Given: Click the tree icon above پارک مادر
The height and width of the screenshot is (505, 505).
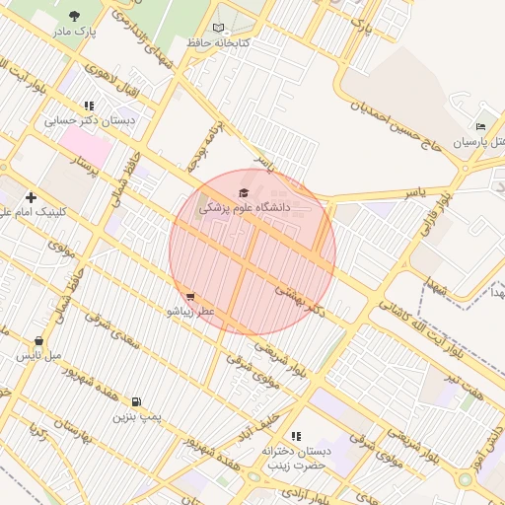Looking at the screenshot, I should click(x=76, y=16).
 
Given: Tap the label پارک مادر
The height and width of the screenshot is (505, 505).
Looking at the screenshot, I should click(x=76, y=33).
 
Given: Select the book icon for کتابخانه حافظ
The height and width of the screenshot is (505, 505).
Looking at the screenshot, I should click(x=219, y=28).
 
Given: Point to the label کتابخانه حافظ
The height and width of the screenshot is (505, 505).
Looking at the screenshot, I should click(x=219, y=43).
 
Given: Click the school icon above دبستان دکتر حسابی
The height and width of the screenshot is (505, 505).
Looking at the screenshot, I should click(x=89, y=105).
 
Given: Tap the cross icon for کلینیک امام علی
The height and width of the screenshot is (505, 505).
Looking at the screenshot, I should click(x=31, y=197).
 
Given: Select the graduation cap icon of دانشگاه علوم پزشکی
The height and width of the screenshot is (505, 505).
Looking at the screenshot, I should click(x=244, y=192).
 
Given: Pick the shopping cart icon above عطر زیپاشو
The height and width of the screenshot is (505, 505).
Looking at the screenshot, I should click(x=189, y=295).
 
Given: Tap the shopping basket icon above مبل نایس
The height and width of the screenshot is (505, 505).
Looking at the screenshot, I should click(x=38, y=340).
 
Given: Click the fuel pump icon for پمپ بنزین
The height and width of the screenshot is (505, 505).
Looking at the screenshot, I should click(x=135, y=401).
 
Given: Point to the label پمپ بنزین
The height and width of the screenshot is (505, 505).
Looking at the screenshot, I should click(x=135, y=417).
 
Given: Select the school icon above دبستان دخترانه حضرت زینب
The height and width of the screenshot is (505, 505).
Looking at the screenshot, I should click(x=295, y=435).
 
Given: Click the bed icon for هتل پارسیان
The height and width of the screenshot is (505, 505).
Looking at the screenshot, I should click(x=480, y=127).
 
